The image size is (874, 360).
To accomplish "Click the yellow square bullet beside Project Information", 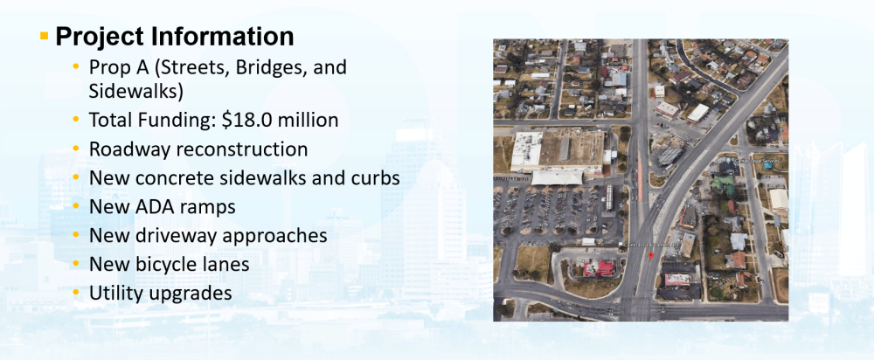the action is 45,37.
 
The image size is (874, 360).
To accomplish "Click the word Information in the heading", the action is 223,37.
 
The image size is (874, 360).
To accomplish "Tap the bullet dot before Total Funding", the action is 76,120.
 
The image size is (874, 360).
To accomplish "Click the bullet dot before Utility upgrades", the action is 76,293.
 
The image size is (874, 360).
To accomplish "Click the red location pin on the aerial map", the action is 650,255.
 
